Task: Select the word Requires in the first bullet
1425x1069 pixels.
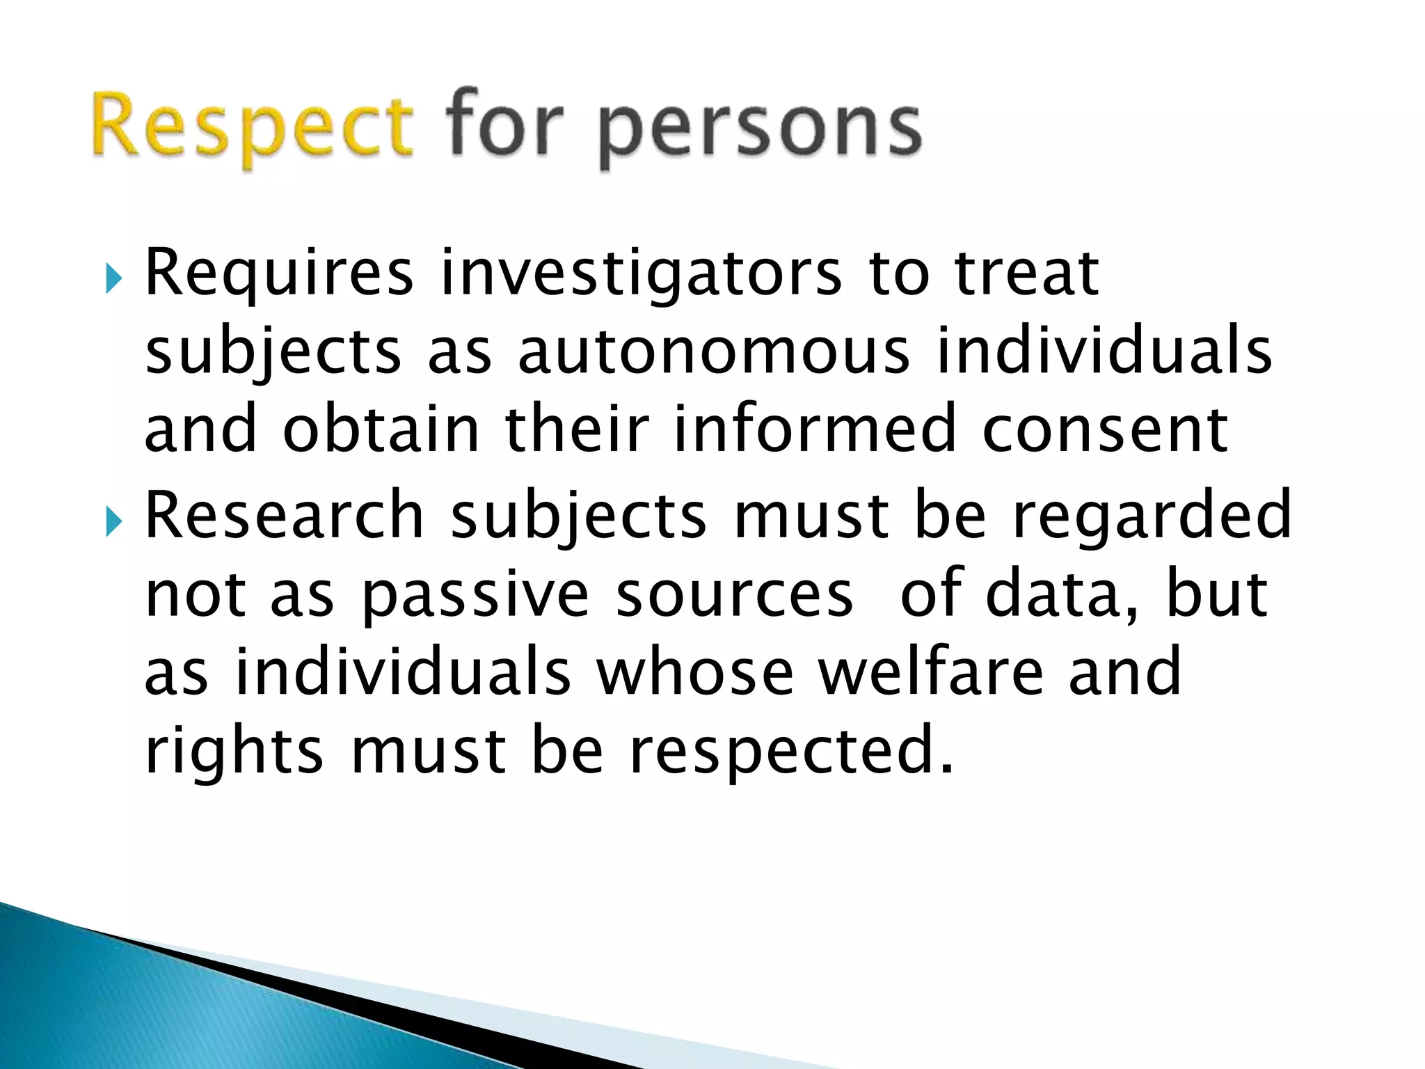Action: [278, 275]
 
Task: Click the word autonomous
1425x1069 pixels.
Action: [714, 351]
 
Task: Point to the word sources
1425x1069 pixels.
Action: [734, 596]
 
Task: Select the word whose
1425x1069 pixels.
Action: [695, 671]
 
